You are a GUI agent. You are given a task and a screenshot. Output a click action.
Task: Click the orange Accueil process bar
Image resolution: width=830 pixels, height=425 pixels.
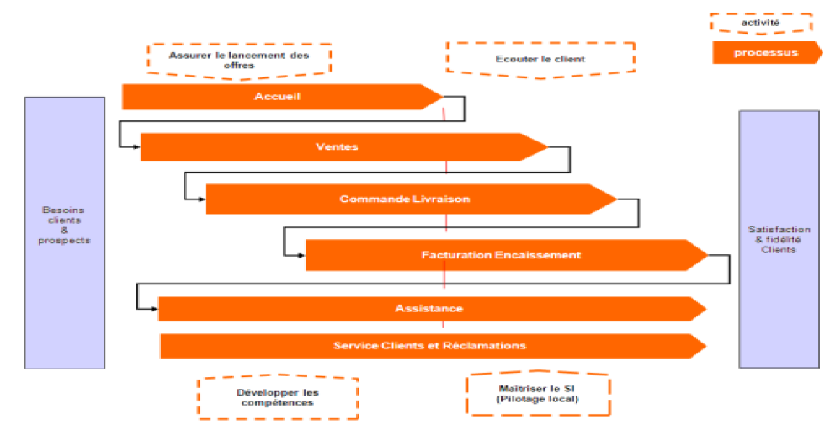tap(278, 97)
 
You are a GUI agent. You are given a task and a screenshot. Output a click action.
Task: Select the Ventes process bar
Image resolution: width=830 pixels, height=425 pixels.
tap(337, 147)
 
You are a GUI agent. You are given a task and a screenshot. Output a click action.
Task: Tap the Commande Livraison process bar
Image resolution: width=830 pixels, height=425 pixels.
tap(405, 199)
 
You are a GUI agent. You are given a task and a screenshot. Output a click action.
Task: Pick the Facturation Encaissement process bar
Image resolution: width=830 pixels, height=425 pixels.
tap(501, 255)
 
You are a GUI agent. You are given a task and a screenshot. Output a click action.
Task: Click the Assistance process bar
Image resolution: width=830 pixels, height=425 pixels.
tap(428, 309)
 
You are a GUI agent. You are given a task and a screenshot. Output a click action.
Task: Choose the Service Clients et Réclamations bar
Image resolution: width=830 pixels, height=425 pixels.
tap(429, 346)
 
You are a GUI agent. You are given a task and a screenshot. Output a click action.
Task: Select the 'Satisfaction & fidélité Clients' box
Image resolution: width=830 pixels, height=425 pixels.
tap(779, 239)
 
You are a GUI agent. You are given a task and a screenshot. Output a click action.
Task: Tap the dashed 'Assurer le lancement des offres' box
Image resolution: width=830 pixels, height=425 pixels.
tap(239, 60)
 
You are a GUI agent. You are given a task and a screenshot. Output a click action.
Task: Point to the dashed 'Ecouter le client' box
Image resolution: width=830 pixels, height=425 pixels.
tap(540, 59)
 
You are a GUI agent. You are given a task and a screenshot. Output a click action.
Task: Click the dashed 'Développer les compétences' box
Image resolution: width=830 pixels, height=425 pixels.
tap(277, 397)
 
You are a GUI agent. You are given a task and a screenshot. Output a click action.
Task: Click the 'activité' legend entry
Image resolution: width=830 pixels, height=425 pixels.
tap(760, 23)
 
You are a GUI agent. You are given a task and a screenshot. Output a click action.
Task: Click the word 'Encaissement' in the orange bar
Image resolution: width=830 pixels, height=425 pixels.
tap(539, 255)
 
